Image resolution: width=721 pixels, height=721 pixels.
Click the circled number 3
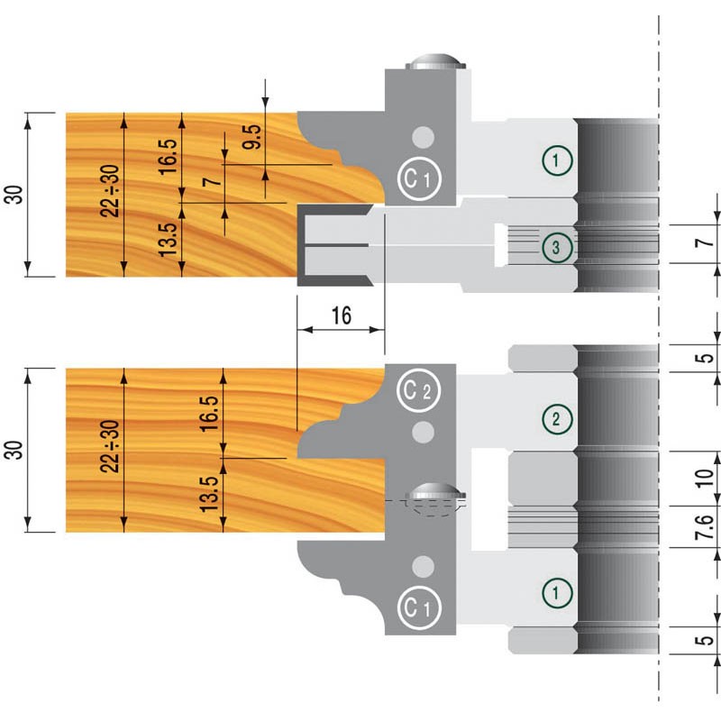(558, 245)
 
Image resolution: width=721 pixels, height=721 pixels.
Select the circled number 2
(558, 418)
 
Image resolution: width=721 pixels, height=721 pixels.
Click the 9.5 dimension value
(254, 137)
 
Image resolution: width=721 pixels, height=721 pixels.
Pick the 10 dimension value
(707, 476)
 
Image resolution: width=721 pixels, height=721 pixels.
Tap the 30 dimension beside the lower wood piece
(15, 449)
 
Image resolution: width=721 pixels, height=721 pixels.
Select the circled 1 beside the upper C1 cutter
(558, 161)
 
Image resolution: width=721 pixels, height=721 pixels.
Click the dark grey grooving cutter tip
(334, 245)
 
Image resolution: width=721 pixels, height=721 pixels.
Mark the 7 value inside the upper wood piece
(211, 182)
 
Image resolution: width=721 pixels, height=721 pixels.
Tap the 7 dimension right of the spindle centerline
(707, 242)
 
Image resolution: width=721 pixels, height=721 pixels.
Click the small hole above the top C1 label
(421, 137)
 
